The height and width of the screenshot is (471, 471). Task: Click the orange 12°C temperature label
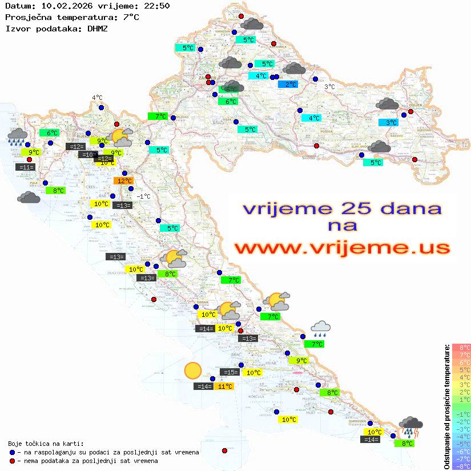coord(123,181)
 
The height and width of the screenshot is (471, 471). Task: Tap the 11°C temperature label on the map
coord(224,387)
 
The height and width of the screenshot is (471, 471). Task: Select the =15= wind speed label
coord(230,372)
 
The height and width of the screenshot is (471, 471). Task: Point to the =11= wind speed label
coord(26,167)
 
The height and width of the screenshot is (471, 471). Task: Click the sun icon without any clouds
coord(193,371)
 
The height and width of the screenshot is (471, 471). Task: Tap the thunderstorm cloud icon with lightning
coord(410,426)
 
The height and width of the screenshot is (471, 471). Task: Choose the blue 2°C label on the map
coord(288,84)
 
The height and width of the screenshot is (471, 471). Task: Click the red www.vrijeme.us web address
coord(342,248)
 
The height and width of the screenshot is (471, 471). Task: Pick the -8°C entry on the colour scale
coord(461,466)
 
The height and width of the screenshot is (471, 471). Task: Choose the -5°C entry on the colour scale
coord(461,444)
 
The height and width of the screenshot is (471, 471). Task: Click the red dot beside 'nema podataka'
coord(13,461)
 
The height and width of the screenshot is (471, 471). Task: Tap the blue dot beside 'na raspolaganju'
coord(13,452)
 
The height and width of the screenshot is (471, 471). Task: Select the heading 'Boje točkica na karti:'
coord(46,444)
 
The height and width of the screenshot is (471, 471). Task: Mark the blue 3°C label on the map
coord(389,123)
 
